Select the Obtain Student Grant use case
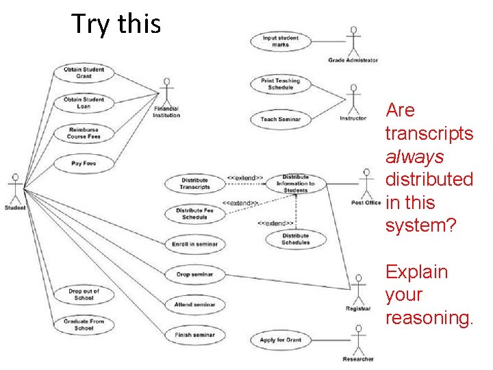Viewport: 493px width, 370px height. click(x=84, y=73)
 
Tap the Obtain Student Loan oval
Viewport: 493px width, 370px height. click(x=84, y=103)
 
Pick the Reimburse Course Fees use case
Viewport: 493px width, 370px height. click(x=84, y=133)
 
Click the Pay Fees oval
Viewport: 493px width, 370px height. click(x=84, y=163)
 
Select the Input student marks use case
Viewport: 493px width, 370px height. click(x=281, y=40)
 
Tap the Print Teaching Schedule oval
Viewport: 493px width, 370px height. click(x=281, y=84)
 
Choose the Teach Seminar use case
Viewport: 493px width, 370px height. click(x=281, y=119)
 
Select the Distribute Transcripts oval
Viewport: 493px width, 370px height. click(x=194, y=184)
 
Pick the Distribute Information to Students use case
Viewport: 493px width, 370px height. click(x=296, y=184)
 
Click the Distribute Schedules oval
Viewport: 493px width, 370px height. click(x=296, y=239)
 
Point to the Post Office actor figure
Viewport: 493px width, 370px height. click(x=366, y=182)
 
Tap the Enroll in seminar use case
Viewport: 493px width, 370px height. click(x=194, y=244)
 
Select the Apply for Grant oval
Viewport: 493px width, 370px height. click(x=281, y=339)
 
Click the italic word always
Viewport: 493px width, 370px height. click(x=414, y=157)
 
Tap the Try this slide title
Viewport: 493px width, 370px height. click(x=116, y=24)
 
